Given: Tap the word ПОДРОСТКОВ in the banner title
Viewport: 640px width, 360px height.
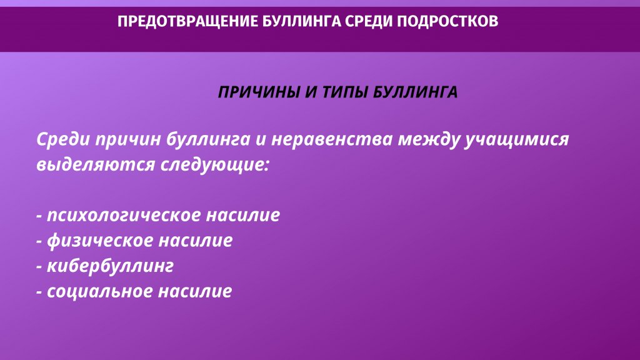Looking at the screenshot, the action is pos(447,21).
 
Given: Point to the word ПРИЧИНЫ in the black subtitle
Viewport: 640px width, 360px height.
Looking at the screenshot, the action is pos(259,92).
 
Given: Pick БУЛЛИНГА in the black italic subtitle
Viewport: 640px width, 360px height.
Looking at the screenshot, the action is pos(416,92).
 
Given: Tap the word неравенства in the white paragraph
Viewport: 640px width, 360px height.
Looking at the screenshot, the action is pos(332,139).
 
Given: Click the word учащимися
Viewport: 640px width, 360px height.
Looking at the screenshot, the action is pos(517,140).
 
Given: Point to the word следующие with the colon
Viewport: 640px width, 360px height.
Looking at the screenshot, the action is pos(215,165).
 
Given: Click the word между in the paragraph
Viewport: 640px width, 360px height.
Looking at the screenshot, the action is pos(429,140).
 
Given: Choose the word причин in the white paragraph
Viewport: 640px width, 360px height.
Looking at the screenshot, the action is pos(129,140).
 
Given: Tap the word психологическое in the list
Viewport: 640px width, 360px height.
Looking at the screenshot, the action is pos(124,216).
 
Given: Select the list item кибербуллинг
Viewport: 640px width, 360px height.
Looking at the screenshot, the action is pos(110,266).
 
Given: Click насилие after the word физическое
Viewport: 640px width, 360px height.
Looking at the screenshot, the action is pos(196,241).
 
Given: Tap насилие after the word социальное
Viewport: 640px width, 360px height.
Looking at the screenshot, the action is pos(195,291).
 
